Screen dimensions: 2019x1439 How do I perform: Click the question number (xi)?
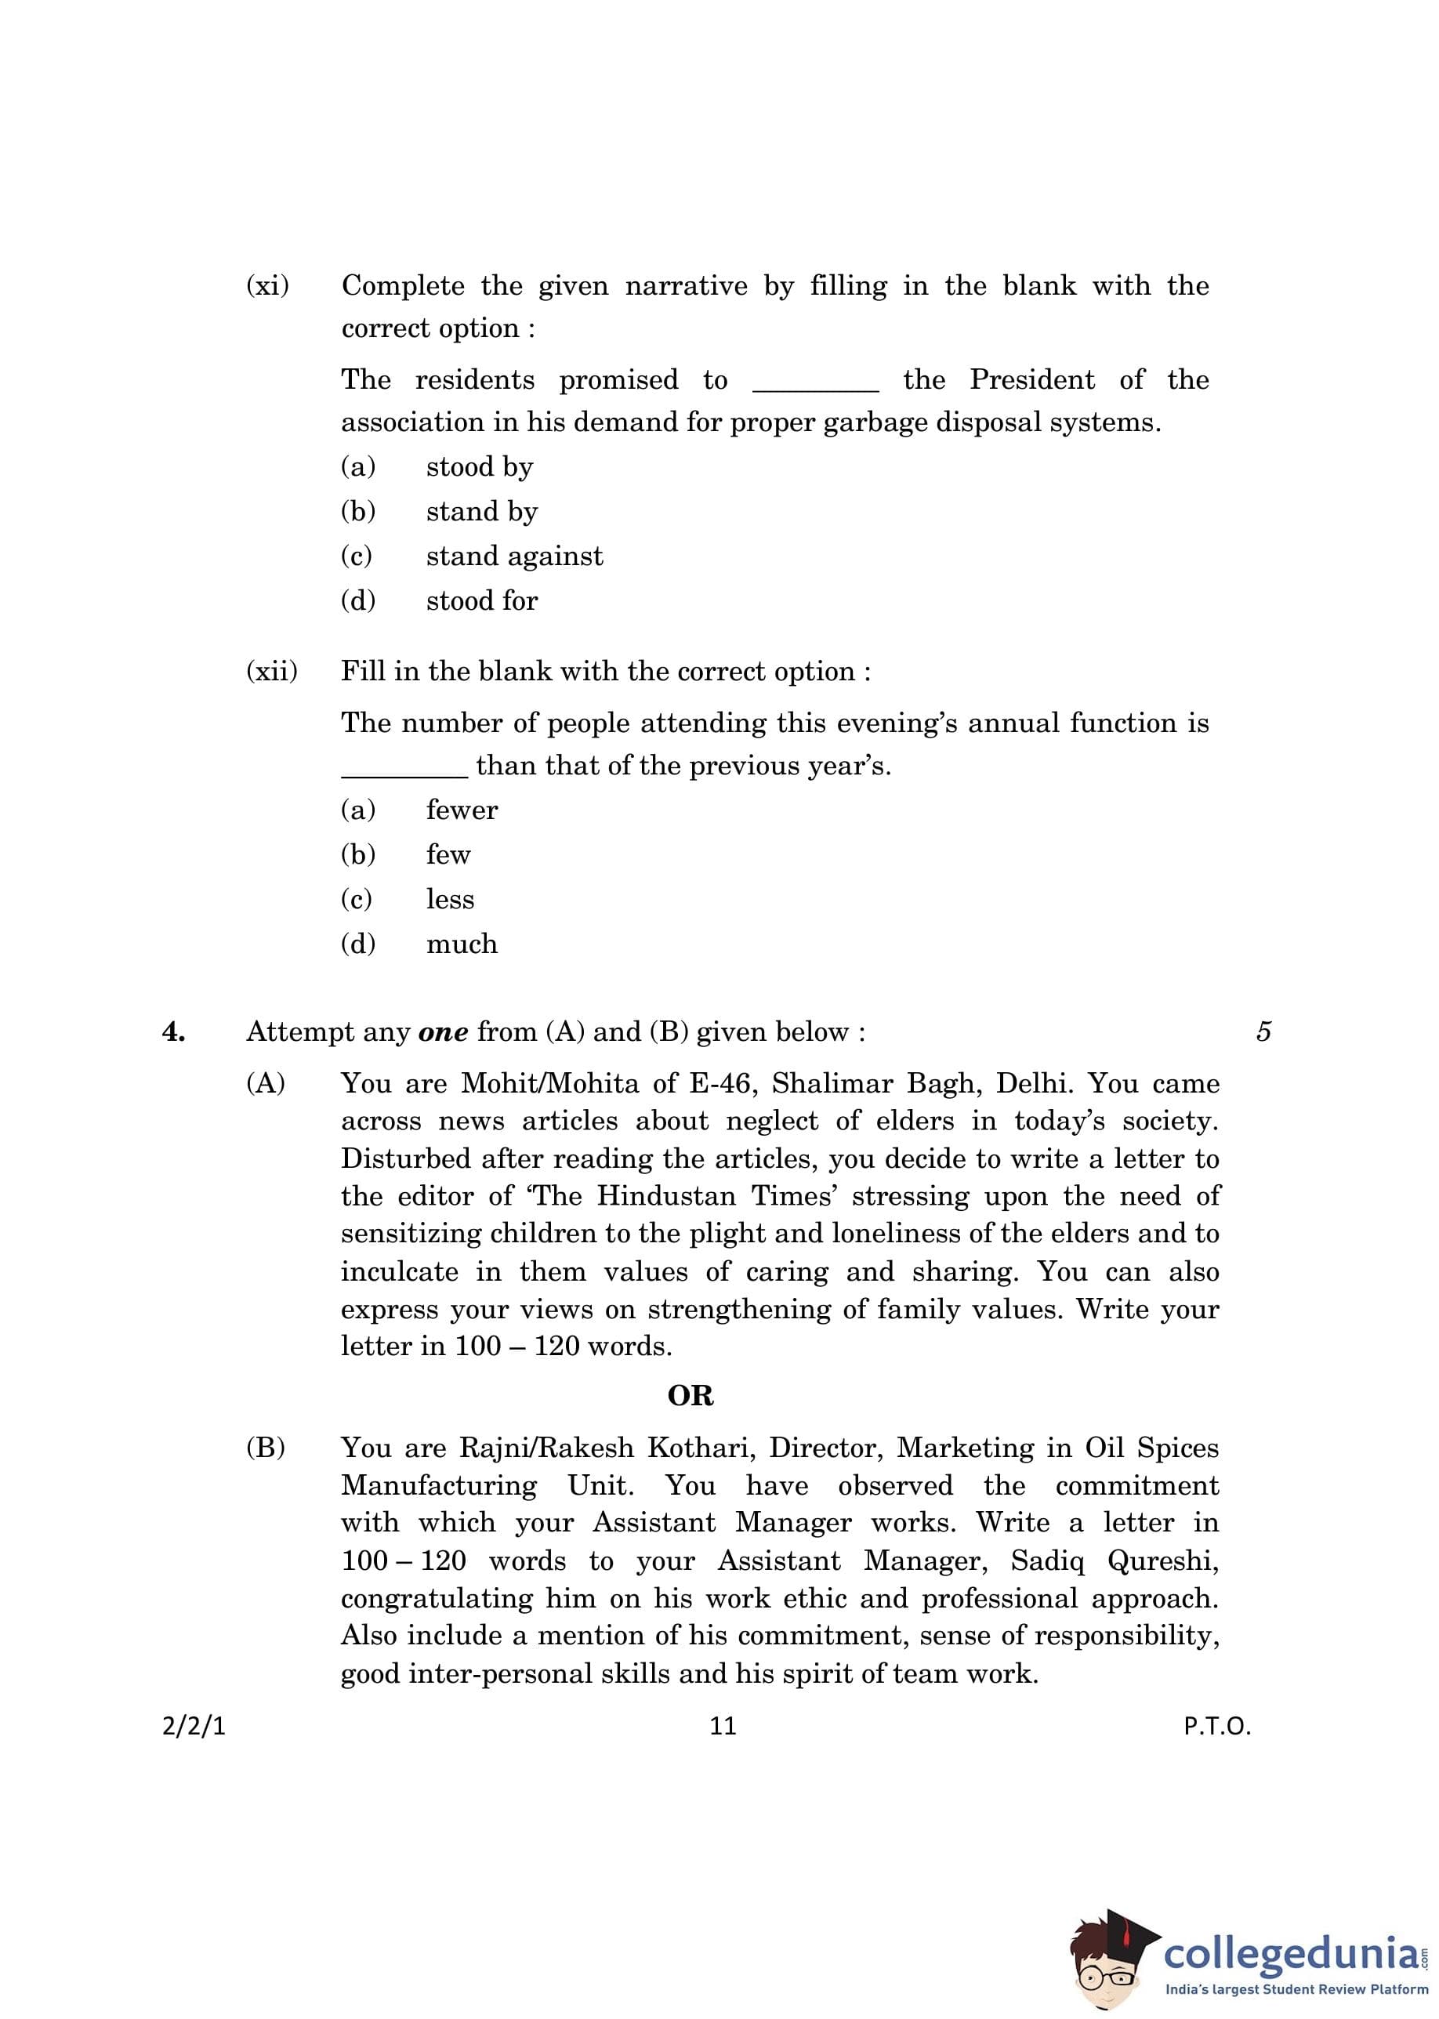(267, 286)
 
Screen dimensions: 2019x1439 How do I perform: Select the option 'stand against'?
(514, 556)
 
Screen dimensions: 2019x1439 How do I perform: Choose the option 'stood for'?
(481, 600)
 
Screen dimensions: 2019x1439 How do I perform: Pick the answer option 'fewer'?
(462, 810)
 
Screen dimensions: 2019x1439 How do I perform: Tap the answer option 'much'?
(462, 944)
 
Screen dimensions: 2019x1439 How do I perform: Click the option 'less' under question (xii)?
(450, 899)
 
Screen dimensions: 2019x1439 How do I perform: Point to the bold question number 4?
(174, 1031)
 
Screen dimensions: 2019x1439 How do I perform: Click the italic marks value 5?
(1263, 1031)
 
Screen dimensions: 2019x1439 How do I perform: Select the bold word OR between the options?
(691, 1396)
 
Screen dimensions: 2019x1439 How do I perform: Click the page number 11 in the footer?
(723, 1726)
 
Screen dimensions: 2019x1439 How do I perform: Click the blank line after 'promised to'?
(815, 388)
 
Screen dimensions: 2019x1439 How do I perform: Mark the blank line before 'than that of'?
(404, 774)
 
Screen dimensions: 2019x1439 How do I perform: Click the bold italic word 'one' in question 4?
(443, 1032)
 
